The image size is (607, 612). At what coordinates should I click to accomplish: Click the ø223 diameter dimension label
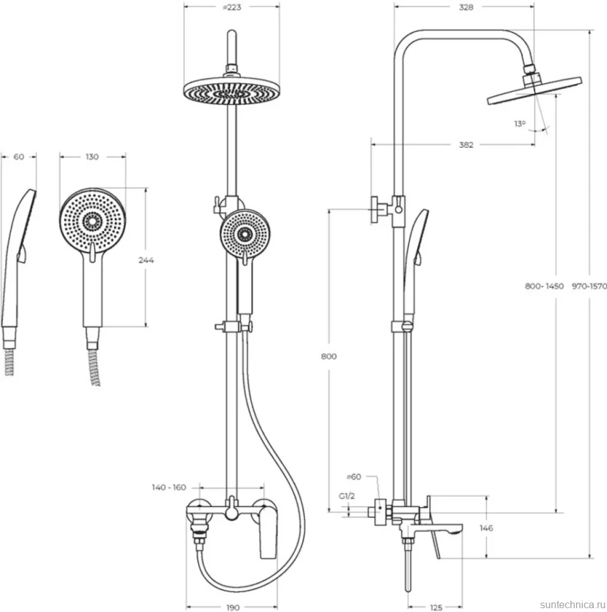point(232,8)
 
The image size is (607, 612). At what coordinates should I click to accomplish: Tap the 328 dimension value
point(466,8)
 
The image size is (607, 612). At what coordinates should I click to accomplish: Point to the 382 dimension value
point(466,145)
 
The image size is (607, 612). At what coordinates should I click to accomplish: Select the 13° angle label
point(519,124)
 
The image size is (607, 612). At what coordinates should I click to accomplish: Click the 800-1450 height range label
point(544,286)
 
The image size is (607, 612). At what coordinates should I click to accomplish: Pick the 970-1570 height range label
point(589,286)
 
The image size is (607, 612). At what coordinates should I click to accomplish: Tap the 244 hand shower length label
point(146,260)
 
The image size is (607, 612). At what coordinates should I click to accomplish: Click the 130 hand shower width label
point(92,156)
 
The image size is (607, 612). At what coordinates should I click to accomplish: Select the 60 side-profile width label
point(19,156)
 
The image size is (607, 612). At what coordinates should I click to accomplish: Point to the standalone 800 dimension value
point(329,356)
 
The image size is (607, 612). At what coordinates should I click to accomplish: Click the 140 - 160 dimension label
point(169,487)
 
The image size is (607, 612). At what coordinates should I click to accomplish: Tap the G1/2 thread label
point(346,496)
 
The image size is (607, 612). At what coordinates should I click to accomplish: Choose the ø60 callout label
point(354,476)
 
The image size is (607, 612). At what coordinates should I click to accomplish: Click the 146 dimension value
point(486,528)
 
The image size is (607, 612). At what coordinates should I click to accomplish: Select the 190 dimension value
point(233,608)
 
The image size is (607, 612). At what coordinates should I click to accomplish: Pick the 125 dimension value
point(435,608)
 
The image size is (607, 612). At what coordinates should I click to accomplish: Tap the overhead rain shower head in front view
point(232,92)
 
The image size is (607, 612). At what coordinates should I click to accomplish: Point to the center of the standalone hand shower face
point(93,221)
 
